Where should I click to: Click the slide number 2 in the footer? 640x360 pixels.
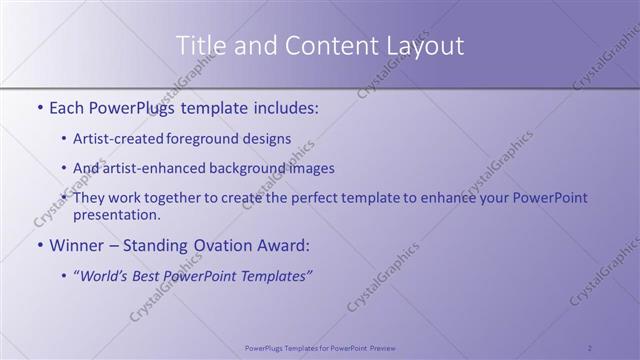(x=590, y=348)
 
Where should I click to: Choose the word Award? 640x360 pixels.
(x=283, y=244)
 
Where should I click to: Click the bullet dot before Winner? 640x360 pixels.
(x=39, y=245)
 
